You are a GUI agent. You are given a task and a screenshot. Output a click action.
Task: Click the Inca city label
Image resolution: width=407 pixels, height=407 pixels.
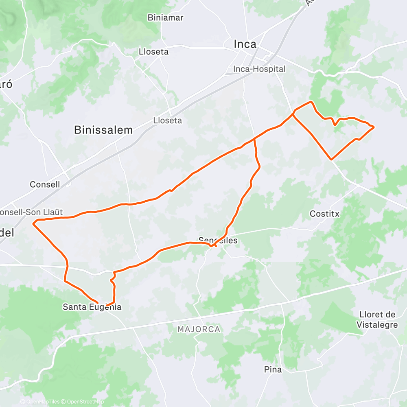[x=245, y=44]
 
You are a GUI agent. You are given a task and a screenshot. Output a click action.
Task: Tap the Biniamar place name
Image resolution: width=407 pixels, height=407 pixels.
[x=166, y=18]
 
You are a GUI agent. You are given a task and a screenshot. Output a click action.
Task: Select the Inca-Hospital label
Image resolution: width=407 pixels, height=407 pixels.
[x=259, y=69]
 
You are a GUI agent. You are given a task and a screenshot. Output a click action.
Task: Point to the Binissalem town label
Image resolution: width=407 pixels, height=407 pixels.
[x=103, y=130]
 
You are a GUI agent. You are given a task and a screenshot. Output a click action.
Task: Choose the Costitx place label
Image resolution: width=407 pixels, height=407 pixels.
[x=324, y=213]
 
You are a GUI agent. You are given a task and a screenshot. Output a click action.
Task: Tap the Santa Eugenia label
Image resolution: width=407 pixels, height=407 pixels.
[x=92, y=307]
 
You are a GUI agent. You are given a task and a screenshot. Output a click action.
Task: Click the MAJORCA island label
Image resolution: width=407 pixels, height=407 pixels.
[x=199, y=329]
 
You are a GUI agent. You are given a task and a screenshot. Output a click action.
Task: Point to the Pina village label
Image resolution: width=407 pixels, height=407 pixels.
[x=273, y=370]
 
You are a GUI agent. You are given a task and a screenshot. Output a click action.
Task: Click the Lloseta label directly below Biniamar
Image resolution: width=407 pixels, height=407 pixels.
[x=153, y=52]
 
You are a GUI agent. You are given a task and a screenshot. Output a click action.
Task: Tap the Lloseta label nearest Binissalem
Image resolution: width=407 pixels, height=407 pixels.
[x=167, y=120]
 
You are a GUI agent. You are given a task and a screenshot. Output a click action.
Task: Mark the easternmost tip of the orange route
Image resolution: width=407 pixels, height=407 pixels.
[x=374, y=127]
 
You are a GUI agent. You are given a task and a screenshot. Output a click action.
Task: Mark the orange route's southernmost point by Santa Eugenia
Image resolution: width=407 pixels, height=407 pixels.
[x=106, y=305]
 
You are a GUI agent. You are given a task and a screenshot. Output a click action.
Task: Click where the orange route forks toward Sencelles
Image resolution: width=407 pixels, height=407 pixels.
[x=254, y=139]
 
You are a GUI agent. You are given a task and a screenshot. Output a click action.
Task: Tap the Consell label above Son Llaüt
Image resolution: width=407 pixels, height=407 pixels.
[x=45, y=184]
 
